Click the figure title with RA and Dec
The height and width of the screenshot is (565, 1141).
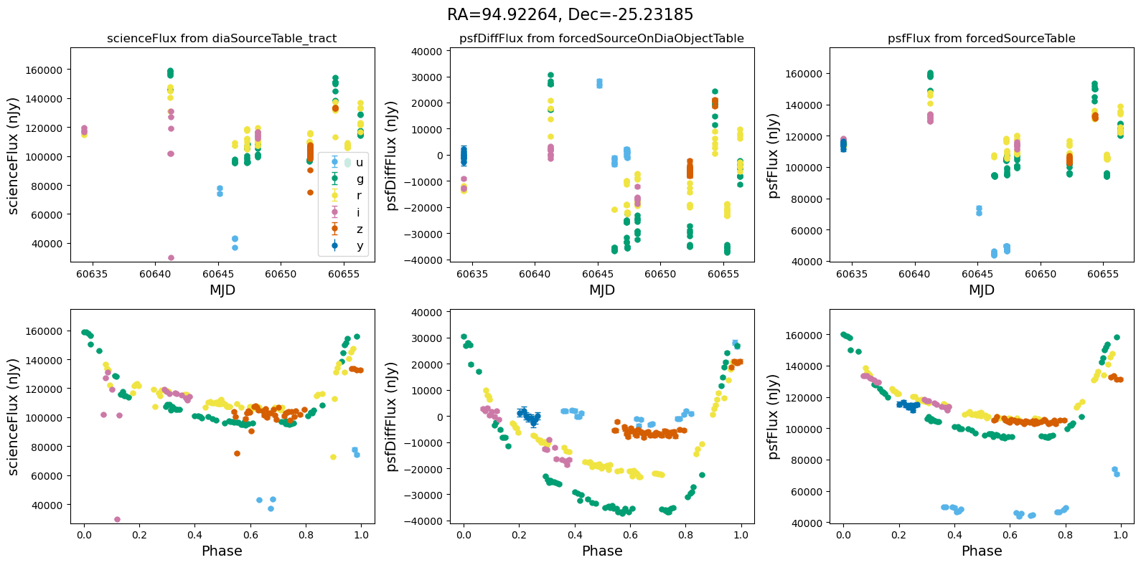pos(570,14)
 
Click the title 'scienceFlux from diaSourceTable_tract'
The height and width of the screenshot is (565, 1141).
pos(222,38)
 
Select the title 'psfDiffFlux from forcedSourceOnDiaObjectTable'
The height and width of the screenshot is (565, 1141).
pos(601,38)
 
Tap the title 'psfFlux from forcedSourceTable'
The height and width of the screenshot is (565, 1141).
pos(981,38)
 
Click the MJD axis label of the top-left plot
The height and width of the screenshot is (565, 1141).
pos(222,290)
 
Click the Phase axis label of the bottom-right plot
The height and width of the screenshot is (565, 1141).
pos(981,551)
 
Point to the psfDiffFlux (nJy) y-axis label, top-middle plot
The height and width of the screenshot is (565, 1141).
pos(392,156)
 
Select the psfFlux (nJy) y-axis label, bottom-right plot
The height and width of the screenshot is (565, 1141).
pos(772,417)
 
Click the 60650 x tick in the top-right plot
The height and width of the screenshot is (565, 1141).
pos(1041,275)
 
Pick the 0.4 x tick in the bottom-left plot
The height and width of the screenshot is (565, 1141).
pos(194,536)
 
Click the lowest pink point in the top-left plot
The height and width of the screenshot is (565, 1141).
pos(171,257)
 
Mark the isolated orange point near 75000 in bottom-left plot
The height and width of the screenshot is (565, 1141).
pos(237,453)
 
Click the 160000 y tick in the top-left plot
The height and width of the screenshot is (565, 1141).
pos(44,70)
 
